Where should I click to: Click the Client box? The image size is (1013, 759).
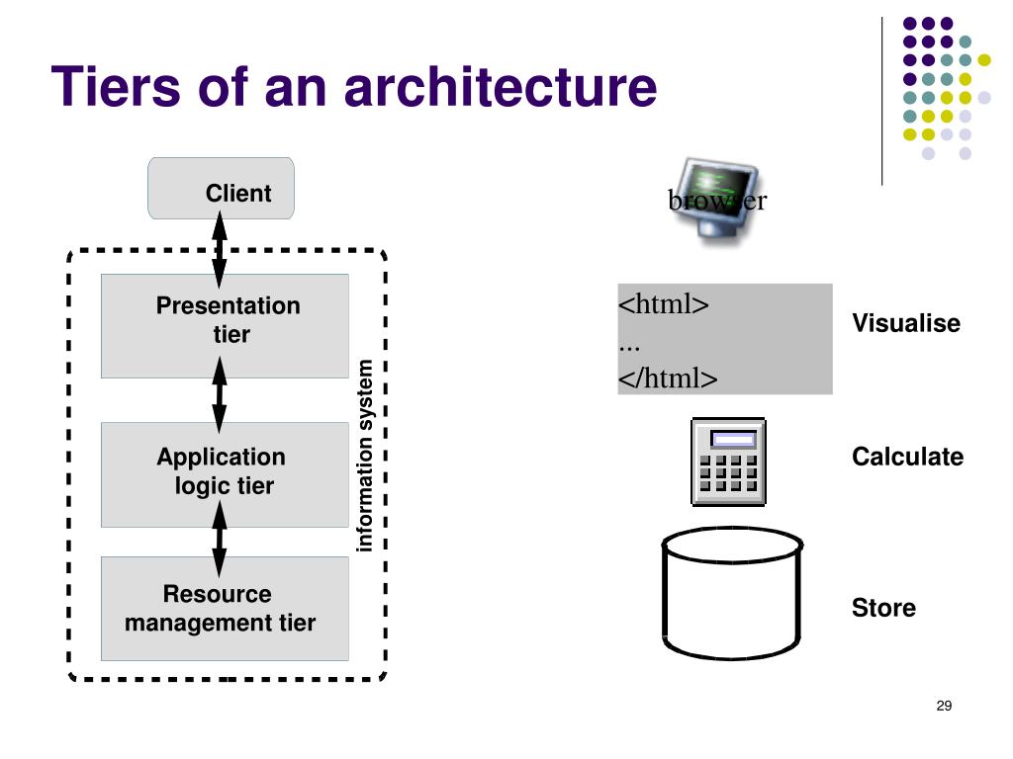pyautogui.click(x=221, y=188)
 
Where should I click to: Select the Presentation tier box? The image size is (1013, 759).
pyautogui.click(x=225, y=326)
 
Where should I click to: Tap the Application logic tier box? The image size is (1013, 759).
pyautogui.click(x=225, y=474)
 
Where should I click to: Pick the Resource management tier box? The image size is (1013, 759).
pyautogui.click(x=225, y=608)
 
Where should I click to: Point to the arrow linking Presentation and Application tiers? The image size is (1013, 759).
pyautogui.click(x=220, y=394)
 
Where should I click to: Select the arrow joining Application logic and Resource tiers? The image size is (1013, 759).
pyautogui.click(x=220, y=539)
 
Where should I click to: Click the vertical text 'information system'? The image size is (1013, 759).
pyautogui.click(x=364, y=456)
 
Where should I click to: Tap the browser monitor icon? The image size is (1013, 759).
pyautogui.click(x=716, y=200)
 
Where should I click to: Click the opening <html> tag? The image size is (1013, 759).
pyautogui.click(x=664, y=303)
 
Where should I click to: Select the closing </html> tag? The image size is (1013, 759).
pyautogui.click(x=668, y=378)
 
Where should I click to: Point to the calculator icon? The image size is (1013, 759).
pyautogui.click(x=729, y=462)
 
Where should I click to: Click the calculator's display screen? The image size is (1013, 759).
pyautogui.click(x=733, y=440)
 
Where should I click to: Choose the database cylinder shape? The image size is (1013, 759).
pyautogui.click(x=732, y=593)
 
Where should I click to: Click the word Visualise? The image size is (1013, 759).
pyautogui.click(x=906, y=323)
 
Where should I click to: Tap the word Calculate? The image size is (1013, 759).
pyautogui.click(x=908, y=457)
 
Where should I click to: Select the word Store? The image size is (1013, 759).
pyautogui.click(x=883, y=608)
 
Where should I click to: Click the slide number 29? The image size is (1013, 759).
pyautogui.click(x=944, y=706)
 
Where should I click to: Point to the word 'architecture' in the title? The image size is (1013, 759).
pyautogui.click(x=501, y=86)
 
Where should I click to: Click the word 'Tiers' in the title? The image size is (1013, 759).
pyautogui.click(x=116, y=86)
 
